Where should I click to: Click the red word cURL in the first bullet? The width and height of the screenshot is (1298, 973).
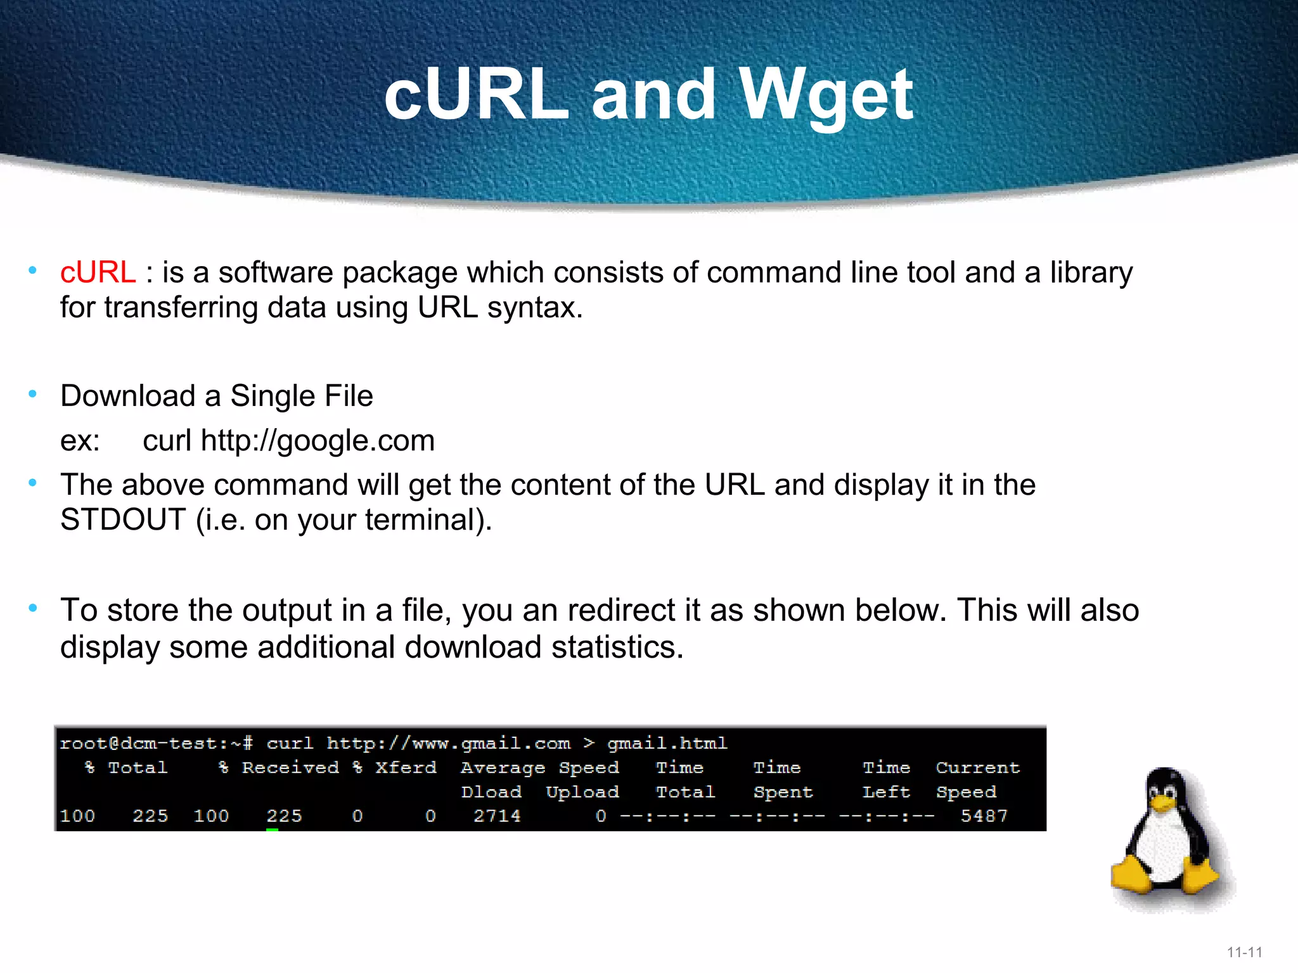click(x=98, y=272)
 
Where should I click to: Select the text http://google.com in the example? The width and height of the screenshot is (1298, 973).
click(x=318, y=440)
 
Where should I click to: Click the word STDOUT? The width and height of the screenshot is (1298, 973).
click(x=122, y=520)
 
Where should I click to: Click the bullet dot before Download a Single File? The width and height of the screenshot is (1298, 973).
click(x=33, y=394)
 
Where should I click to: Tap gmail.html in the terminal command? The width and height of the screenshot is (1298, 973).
click(x=667, y=743)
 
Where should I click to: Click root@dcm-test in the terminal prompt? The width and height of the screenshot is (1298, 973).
click(x=143, y=743)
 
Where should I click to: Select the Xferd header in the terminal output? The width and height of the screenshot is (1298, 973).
click(x=406, y=768)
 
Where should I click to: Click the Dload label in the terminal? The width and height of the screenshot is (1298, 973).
click(x=491, y=792)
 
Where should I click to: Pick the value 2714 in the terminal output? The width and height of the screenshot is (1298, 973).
click(x=497, y=816)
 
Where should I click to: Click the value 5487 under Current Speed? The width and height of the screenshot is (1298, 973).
click(x=984, y=816)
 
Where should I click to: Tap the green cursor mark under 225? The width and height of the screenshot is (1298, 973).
click(x=273, y=829)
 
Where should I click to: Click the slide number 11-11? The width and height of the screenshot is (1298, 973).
click(x=1244, y=952)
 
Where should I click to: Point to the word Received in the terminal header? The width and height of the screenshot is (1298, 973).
click(x=290, y=768)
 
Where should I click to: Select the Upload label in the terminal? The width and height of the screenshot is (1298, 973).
click(x=582, y=792)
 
